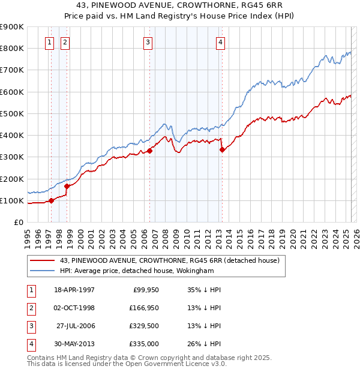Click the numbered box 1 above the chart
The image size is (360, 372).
(49, 42)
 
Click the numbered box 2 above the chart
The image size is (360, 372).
(64, 42)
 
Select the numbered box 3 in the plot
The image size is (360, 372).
(147, 42)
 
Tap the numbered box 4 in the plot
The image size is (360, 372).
(221, 42)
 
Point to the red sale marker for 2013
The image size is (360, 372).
(222, 150)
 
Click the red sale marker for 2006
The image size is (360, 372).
(150, 151)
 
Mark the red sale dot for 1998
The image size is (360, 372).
(67, 186)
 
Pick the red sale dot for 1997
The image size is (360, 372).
(52, 200)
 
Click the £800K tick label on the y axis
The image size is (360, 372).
(12, 48)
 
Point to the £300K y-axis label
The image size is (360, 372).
(12, 157)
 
